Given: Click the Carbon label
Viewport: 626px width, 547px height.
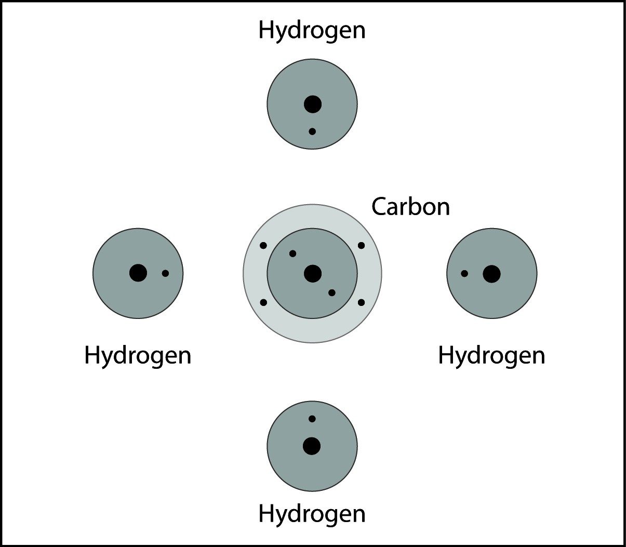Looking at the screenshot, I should point(410,207).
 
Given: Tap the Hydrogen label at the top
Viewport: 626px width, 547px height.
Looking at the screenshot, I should point(312,30).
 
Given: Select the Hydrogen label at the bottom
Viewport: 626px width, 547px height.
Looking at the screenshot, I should point(312,514).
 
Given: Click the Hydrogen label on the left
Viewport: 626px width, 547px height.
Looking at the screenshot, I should point(138,356).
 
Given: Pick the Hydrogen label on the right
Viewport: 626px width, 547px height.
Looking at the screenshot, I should point(491,356).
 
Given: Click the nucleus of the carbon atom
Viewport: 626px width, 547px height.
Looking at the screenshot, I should point(313,274).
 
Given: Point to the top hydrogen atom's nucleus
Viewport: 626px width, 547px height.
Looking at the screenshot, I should point(313,104).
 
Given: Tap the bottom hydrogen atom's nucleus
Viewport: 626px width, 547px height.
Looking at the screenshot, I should point(312,446).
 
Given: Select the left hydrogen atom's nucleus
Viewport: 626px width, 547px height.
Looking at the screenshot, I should point(138,273).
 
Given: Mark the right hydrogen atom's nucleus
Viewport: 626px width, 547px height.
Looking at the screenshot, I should point(491,274).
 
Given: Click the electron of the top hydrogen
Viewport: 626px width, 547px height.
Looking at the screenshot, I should point(312,131).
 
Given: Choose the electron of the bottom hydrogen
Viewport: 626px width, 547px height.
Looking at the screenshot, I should point(312,419).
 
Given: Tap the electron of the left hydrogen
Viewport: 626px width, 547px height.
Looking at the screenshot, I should point(165,273).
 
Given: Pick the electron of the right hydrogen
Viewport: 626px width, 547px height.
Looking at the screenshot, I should point(464,273).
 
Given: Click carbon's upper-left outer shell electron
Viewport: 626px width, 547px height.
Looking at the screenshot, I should point(263,245).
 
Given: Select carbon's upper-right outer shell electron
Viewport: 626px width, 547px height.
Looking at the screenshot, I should point(362,245).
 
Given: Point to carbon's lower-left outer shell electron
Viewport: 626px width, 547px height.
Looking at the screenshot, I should point(263,302).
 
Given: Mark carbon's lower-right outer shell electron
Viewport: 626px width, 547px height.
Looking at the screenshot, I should point(362,302).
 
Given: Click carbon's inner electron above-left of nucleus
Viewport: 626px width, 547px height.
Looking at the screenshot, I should point(292,254).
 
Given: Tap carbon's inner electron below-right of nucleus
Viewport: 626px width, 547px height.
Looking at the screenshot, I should point(332,293).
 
